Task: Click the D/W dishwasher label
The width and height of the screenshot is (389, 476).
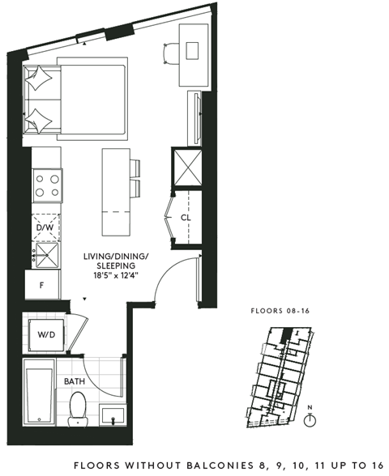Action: coord(45,228)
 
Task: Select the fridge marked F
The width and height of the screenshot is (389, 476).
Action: coord(41,285)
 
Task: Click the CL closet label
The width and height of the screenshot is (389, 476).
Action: coord(186,218)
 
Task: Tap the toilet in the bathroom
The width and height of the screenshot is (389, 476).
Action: coord(79,406)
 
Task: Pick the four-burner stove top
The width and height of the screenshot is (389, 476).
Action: coord(46,187)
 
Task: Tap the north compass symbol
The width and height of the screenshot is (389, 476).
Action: coord(310,420)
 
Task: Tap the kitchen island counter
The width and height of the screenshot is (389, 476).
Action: coord(113,189)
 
